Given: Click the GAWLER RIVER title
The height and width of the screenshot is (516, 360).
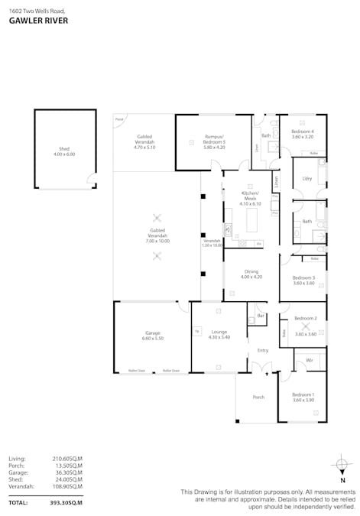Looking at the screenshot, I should click(x=38, y=21).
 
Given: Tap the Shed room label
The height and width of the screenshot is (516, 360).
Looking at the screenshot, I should click(x=64, y=150).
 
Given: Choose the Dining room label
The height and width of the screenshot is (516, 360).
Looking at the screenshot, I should click(x=251, y=271).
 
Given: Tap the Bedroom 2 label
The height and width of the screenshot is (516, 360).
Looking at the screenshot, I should click(x=306, y=318).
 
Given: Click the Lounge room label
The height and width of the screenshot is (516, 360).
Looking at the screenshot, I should click(x=219, y=332).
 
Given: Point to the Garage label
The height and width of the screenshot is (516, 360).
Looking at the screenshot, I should click(x=153, y=333).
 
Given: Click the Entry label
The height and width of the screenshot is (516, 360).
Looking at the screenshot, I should click(x=263, y=350).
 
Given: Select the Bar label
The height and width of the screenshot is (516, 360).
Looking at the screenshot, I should click(x=260, y=315).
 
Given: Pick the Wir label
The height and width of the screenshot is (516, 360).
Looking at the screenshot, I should click(x=309, y=359).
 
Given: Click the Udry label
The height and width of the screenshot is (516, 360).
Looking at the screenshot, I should click(x=307, y=178).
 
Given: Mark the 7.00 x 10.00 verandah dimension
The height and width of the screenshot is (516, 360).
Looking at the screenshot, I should click(x=158, y=241).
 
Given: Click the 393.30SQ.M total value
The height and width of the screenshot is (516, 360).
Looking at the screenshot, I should click(x=66, y=503).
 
